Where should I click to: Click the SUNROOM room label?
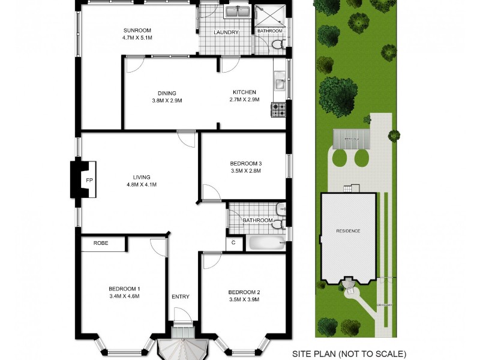click(x=137, y=30)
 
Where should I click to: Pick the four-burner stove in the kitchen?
click(x=278, y=110)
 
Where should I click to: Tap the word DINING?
click(x=167, y=93)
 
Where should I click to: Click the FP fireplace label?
click(x=89, y=181)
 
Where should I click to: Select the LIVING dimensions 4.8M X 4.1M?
click(x=142, y=184)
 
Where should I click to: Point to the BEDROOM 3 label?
click(x=246, y=163)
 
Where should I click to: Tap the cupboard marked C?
click(x=233, y=243)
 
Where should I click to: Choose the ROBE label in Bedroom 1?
click(x=100, y=243)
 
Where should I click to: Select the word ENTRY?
click(x=181, y=296)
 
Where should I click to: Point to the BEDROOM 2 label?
click(x=244, y=292)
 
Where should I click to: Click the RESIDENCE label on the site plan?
click(x=348, y=231)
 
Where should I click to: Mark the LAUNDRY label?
click(x=227, y=32)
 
